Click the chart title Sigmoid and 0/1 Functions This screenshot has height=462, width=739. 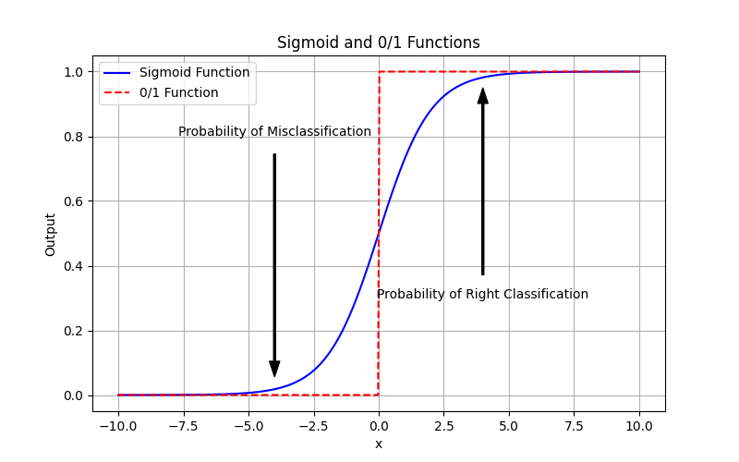click(x=378, y=43)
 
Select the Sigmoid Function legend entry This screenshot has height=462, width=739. click(x=194, y=72)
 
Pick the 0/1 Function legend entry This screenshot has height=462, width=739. click(x=178, y=92)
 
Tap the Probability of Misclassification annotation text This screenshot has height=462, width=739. click(x=274, y=131)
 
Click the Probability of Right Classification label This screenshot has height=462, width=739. click(x=482, y=294)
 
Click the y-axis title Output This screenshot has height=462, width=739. click(x=51, y=234)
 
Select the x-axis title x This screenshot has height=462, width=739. click(x=379, y=444)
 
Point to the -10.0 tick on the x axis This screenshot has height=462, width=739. click(x=118, y=427)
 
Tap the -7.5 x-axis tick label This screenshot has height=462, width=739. click(x=183, y=427)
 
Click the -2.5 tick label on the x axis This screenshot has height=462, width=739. click(x=313, y=427)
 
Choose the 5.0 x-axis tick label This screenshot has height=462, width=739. click(x=509, y=427)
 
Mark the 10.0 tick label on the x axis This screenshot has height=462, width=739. click(x=639, y=427)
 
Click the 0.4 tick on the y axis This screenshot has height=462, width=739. click(x=75, y=266)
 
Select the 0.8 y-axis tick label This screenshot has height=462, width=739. click(x=75, y=137)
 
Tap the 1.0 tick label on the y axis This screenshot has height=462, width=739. click(x=75, y=72)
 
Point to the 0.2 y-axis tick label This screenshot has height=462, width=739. click(x=75, y=331)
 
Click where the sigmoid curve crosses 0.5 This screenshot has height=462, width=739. click(x=379, y=234)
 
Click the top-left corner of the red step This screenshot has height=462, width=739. click(x=379, y=72)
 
